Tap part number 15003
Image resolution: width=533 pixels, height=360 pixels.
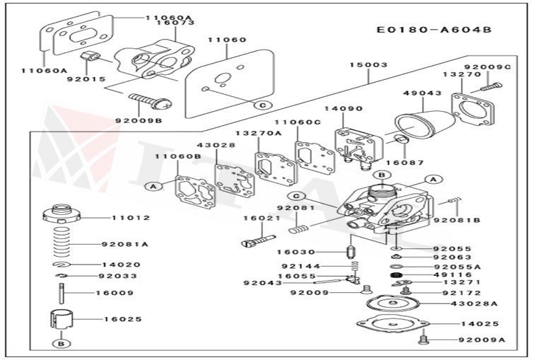coord(368,64)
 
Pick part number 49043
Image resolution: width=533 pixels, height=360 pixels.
coord(422,93)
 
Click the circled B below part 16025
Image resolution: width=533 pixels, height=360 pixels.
coord(61,344)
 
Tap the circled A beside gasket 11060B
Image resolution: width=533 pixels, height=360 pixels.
coord(152,186)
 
